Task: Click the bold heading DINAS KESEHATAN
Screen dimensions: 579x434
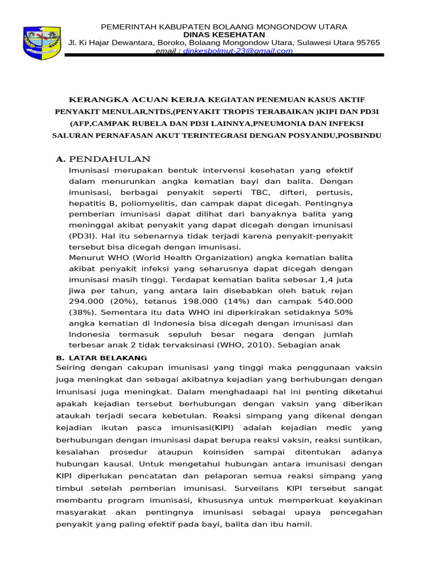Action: click(224, 34)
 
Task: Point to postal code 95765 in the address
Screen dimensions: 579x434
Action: click(366, 42)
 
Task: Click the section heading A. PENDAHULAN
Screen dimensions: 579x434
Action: click(103, 159)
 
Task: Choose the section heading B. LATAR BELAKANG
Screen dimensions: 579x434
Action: click(101, 358)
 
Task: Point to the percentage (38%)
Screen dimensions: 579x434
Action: click(85, 312)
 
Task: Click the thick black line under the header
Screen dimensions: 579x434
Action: click(226, 55)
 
